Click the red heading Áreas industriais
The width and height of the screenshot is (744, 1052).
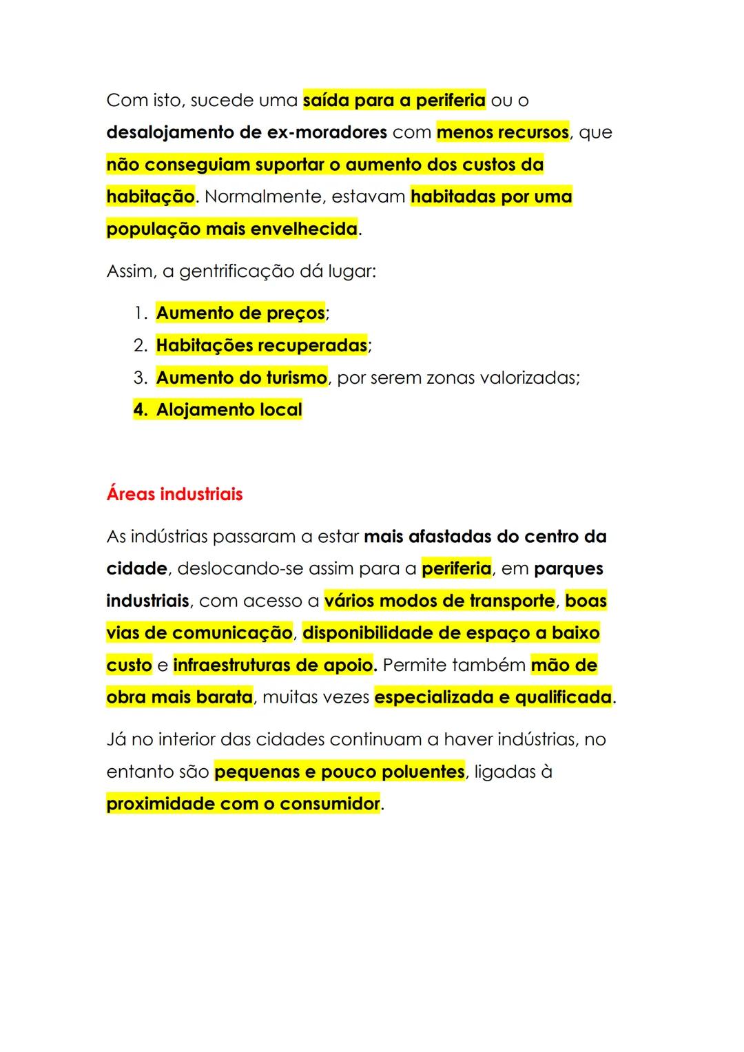174,495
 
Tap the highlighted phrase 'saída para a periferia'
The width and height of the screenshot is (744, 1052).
394,101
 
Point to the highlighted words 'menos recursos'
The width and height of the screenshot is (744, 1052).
503,132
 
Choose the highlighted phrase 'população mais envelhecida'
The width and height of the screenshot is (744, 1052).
232,229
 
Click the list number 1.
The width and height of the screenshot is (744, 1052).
139,313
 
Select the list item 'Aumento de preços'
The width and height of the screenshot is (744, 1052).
240,313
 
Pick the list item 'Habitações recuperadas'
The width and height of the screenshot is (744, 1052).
262,345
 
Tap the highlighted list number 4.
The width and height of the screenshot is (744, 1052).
140,410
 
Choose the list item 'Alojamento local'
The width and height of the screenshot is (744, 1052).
229,410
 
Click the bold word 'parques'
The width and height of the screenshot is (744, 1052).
568,569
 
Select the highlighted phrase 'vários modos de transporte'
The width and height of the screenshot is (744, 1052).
440,601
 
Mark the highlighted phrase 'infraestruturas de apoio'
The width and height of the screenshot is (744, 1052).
273,666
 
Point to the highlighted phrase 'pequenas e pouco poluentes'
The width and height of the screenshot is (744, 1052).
340,772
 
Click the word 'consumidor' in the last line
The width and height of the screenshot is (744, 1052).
330,804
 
